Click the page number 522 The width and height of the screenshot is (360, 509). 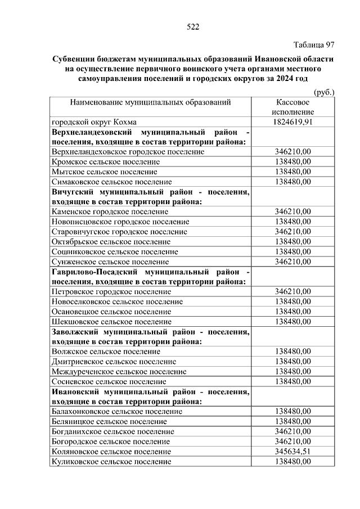click(x=193, y=26)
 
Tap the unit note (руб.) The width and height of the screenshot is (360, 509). click(x=323, y=92)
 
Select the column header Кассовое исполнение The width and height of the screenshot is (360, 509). click(x=292, y=107)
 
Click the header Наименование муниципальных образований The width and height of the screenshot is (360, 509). click(x=151, y=102)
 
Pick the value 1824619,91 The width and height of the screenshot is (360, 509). click(x=292, y=121)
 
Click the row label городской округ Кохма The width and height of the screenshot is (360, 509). click(x=94, y=121)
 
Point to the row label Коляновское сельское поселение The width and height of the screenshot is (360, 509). click(x=111, y=452)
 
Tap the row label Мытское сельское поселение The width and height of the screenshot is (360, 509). click(x=104, y=172)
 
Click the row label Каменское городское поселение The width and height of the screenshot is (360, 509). click(x=110, y=211)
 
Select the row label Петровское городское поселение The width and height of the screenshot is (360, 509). click(x=111, y=292)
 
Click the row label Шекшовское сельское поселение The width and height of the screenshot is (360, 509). click(x=111, y=322)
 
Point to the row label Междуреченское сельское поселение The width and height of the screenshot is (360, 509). click(x=119, y=372)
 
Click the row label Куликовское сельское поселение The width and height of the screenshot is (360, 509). click(x=111, y=462)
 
